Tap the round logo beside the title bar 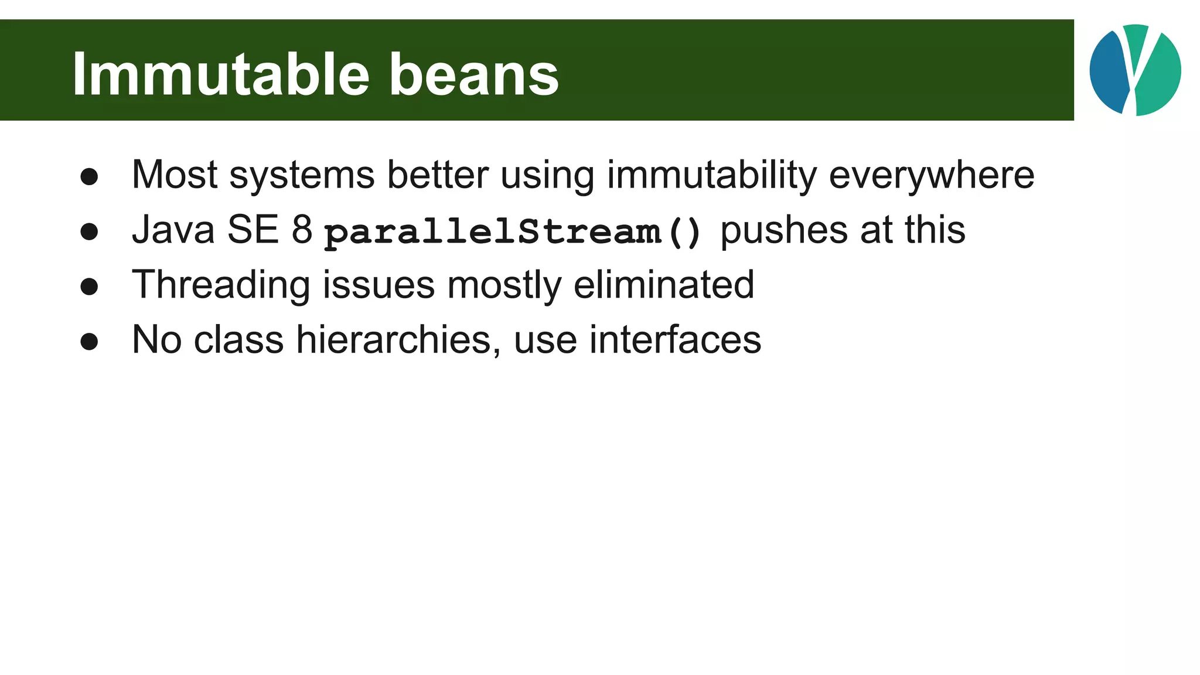(1135, 70)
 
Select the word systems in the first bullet (302, 175)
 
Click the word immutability (711, 175)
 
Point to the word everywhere (932, 175)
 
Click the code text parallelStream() (513, 231)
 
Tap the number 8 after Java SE (302, 230)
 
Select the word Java (173, 230)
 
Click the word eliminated (664, 285)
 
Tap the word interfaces (675, 340)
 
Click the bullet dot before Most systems (89, 177)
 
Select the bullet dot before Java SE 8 (89, 232)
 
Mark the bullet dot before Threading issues (89, 287)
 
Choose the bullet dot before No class (89, 342)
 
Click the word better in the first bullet (438, 175)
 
